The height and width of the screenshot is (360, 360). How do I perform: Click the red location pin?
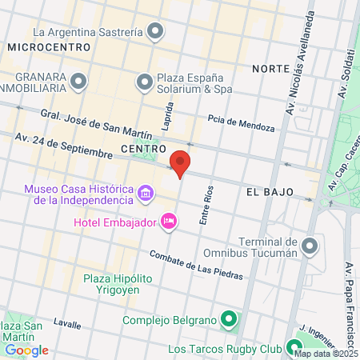click(181, 162)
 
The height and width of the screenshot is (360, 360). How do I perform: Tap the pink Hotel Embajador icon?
click(169, 221)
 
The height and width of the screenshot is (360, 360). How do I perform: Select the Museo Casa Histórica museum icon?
click(146, 193)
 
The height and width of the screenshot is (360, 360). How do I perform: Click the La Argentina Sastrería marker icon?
click(156, 33)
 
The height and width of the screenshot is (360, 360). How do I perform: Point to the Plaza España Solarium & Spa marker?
click(145, 81)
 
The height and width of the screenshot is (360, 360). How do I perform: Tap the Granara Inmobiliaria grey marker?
click(78, 81)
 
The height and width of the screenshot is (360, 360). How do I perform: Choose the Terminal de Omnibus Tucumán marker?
click(311, 245)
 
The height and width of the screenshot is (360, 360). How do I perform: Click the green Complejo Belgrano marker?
click(229, 321)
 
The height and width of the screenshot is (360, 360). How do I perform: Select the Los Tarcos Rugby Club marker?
click(293, 350)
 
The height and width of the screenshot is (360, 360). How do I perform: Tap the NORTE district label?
click(269, 69)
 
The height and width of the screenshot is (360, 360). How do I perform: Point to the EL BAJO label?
click(269, 194)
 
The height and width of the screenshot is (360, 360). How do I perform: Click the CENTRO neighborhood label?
click(142, 149)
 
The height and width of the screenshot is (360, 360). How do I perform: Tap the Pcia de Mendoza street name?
click(241, 124)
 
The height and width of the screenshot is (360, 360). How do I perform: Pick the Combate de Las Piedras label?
click(196, 265)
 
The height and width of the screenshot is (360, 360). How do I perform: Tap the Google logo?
click(26, 350)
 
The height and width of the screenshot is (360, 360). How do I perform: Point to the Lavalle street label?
click(67, 324)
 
